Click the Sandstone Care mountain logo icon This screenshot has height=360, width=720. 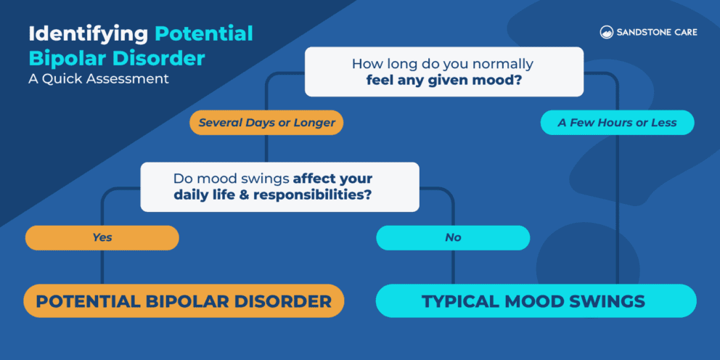coord(607,32)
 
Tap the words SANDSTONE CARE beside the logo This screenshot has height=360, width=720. coord(656,33)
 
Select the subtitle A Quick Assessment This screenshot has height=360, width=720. coord(99,78)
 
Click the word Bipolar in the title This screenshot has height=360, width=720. coord(63,57)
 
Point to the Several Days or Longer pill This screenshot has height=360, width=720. coord(266,123)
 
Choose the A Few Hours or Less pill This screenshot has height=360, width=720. coord(617,123)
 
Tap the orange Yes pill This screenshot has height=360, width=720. coord(102,237)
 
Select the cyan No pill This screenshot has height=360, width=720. coord(452,237)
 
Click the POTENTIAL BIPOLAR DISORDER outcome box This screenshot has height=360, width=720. coord(184,300)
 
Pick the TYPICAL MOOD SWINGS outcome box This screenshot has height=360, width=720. coord(536,300)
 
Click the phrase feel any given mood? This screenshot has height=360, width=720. coord(443,81)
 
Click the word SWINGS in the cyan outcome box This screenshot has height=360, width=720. coord(612,300)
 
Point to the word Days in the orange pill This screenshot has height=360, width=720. coord(261,123)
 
